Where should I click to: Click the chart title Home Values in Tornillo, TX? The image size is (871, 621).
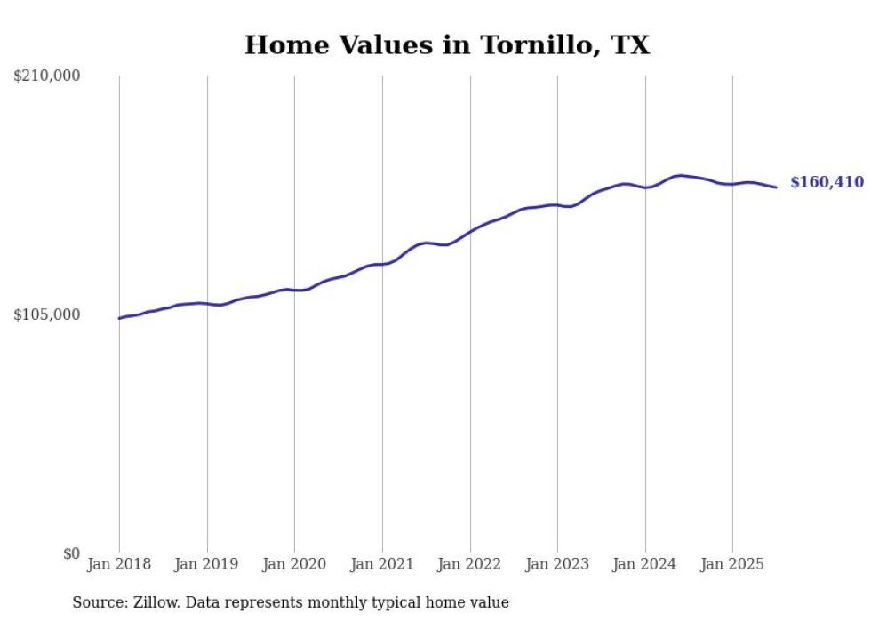[x=446, y=45]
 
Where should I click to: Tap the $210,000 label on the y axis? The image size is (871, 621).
[x=47, y=76]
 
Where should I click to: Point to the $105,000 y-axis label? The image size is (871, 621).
[x=47, y=315]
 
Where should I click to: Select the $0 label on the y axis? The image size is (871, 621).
[x=71, y=554]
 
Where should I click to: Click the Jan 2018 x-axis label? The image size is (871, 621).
[x=119, y=564]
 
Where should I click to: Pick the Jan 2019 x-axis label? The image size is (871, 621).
[x=207, y=564]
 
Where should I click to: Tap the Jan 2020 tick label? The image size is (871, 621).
[x=294, y=564]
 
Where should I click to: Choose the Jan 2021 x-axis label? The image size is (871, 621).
[x=382, y=564]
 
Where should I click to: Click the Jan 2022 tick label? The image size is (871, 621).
[x=470, y=564]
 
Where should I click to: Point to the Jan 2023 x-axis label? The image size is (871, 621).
[x=557, y=564]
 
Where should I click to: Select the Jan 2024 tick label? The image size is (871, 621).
[x=645, y=564]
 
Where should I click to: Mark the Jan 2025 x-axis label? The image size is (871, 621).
[x=732, y=564]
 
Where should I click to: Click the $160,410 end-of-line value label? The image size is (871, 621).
[x=827, y=183]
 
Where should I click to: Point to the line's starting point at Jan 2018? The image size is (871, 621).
[x=120, y=318]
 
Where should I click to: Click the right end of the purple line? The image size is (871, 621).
[x=776, y=187]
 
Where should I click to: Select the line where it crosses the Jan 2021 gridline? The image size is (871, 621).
[x=382, y=264]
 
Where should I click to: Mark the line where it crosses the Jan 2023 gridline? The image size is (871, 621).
[x=557, y=205]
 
